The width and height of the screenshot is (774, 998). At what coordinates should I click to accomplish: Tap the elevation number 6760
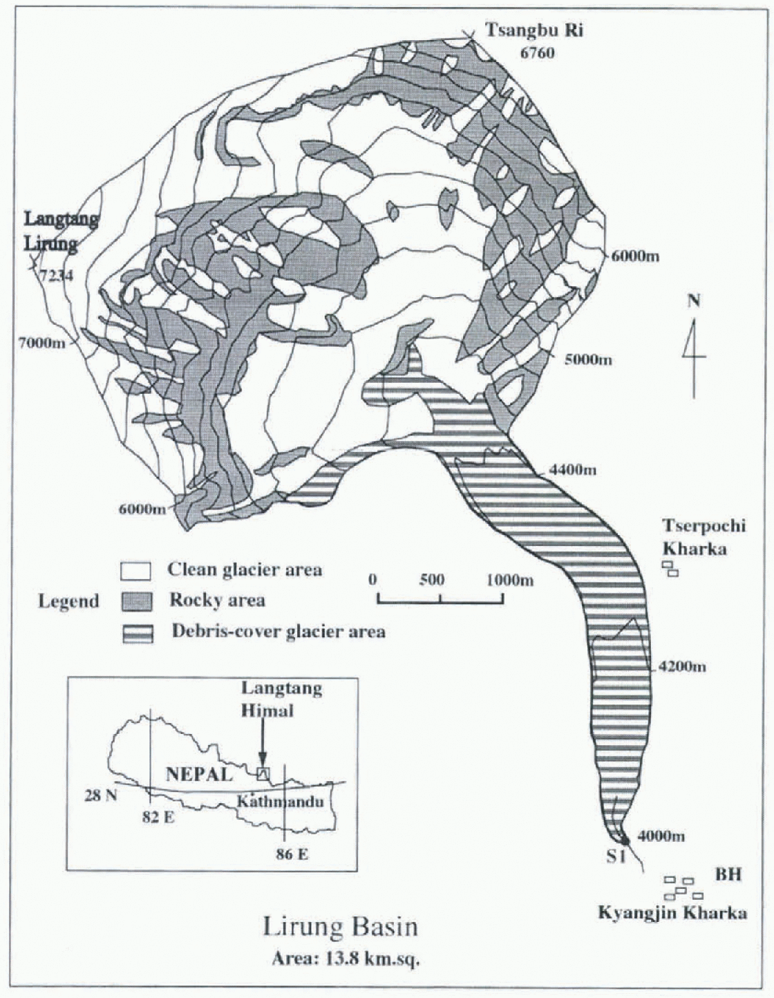[x=537, y=53]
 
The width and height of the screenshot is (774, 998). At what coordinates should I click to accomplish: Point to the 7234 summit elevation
[x=57, y=276]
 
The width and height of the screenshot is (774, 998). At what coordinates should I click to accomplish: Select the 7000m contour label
[x=42, y=343]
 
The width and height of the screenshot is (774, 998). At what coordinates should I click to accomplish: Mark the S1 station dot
[x=625, y=841]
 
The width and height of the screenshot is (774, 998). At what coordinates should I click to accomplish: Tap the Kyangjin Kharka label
[x=672, y=913]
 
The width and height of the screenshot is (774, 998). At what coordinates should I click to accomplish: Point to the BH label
[x=728, y=875]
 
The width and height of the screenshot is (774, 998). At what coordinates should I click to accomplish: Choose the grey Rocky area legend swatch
[x=136, y=601]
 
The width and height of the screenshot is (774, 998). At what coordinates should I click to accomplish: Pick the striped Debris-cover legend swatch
[x=136, y=632]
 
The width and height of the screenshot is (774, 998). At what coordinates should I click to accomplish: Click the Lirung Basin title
[x=341, y=926]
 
